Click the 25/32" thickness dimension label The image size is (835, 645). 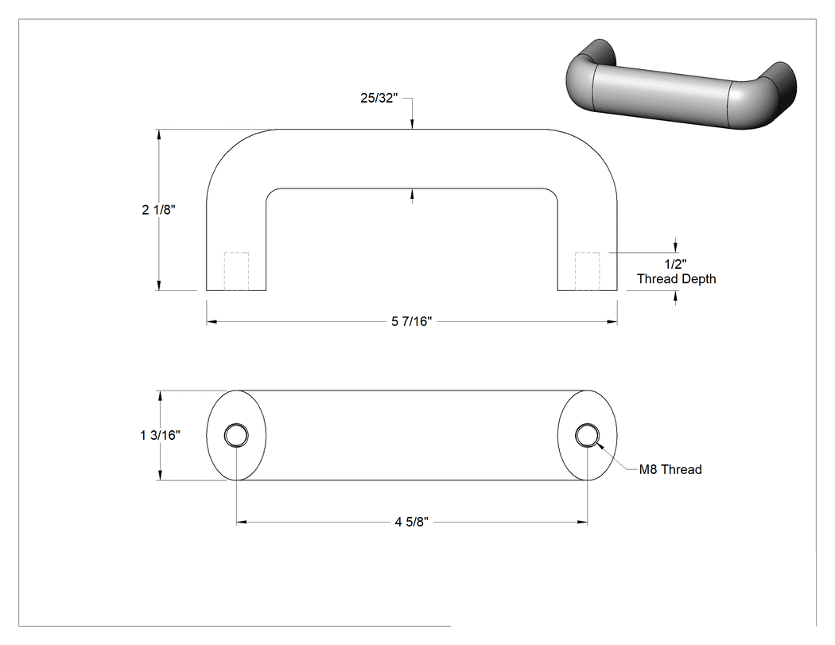(379, 98)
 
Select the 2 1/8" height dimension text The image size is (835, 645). (159, 210)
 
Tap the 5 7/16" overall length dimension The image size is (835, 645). (412, 321)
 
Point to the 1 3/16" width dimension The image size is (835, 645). (161, 436)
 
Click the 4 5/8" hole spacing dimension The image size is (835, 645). (412, 522)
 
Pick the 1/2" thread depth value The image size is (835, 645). (676, 264)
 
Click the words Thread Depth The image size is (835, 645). (676, 279)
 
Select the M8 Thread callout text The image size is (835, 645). (670, 470)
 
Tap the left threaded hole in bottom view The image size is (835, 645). (236, 436)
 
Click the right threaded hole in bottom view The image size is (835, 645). (588, 436)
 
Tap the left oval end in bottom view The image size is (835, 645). (207, 436)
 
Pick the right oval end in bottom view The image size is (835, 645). (617, 436)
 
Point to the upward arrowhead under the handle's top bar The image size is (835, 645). (412, 194)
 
